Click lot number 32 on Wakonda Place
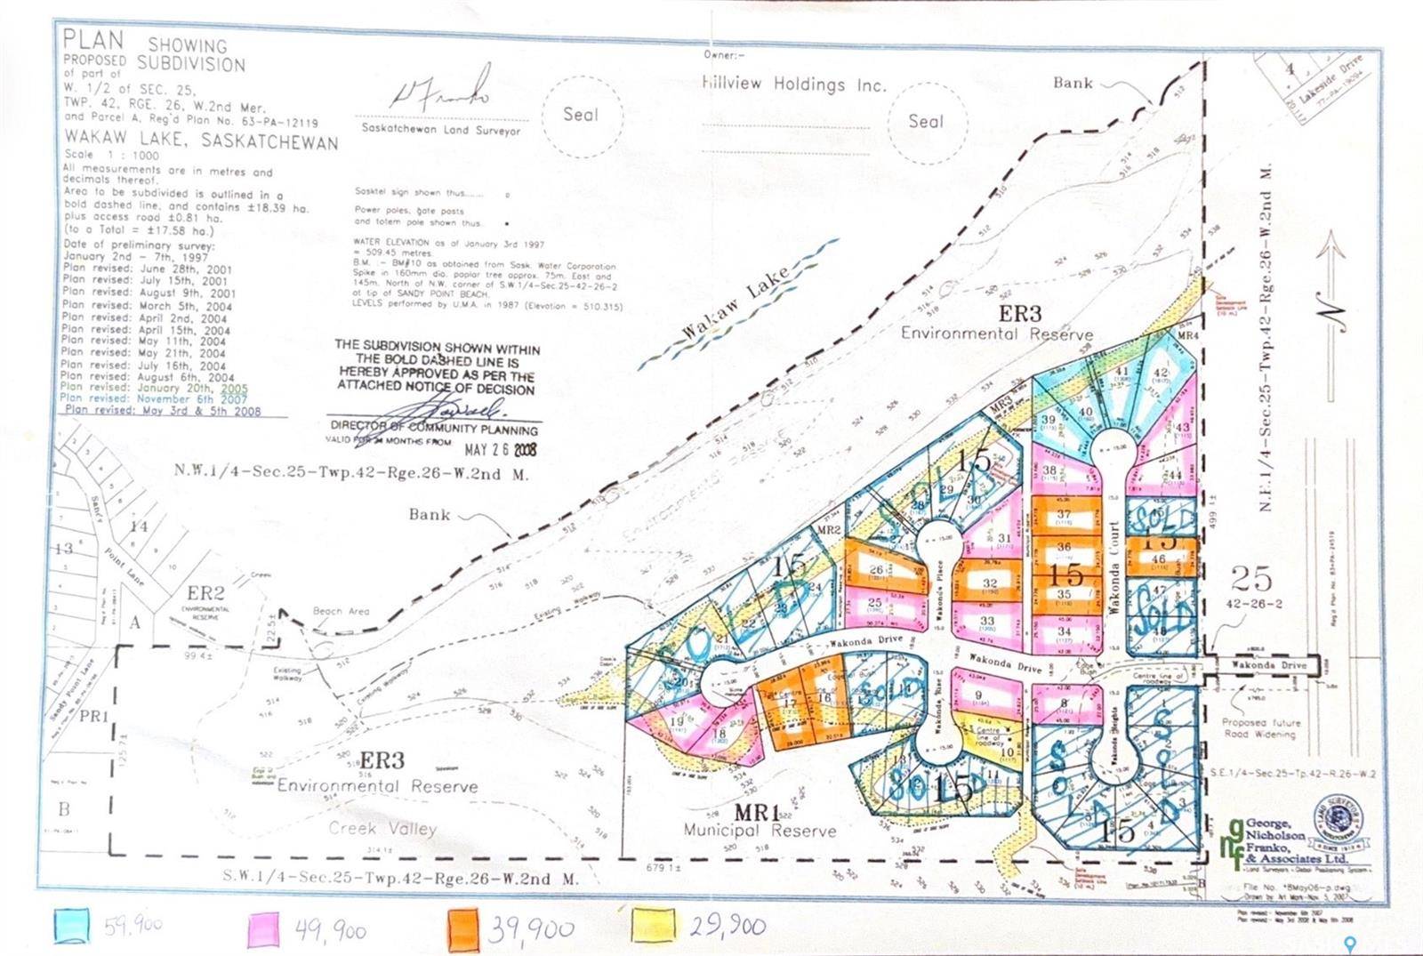(989, 584)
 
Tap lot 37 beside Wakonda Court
(1064, 515)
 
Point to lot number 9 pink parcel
(979, 696)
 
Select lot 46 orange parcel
(1159, 559)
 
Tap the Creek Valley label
(382, 828)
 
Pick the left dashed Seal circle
(581, 115)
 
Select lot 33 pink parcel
(987, 622)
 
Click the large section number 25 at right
(1252, 579)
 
